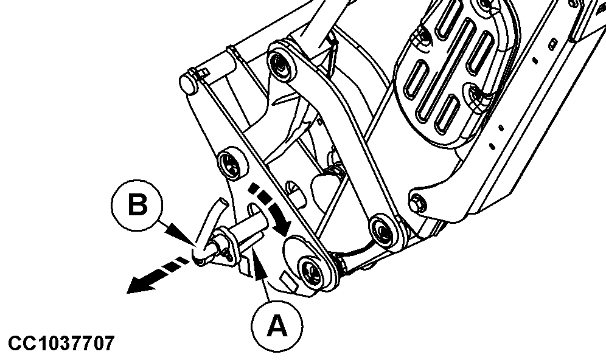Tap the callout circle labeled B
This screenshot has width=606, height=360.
(x=137, y=205)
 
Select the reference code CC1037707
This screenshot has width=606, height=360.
(x=61, y=343)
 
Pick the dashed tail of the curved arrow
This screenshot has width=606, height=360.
(x=263, y=195)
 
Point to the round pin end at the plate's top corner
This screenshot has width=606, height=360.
(x=187, y=83)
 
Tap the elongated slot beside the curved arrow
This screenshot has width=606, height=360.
(x=256, y=211)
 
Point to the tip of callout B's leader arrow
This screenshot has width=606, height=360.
(x=193, y=243)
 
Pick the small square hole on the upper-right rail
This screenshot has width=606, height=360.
(x=554, y=42)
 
